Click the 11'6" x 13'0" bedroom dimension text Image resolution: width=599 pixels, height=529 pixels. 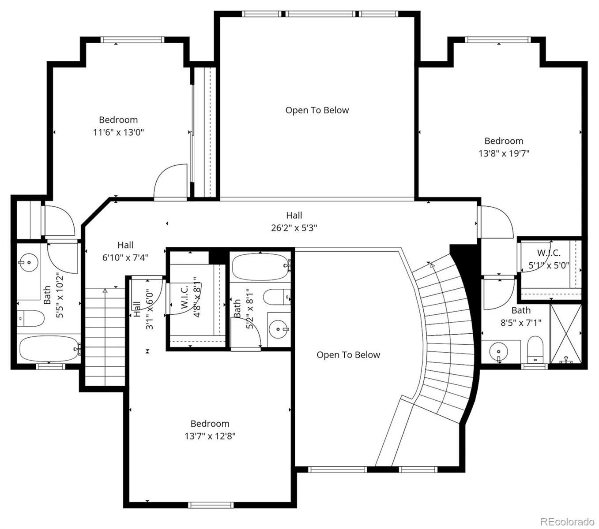pos(118,132)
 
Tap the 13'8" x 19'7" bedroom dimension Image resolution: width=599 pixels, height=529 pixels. pos(504,153)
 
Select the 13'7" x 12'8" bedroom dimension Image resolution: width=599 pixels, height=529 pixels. pos(210,436)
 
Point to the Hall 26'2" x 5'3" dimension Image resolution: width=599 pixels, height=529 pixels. pos(294,228)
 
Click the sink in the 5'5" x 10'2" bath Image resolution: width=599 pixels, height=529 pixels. pos(28,262)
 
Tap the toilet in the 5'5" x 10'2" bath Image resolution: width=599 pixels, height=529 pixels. pos(30,318)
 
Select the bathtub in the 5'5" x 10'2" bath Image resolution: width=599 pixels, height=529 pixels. pos(49,349)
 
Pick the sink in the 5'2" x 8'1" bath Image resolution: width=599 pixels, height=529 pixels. pos(278,329)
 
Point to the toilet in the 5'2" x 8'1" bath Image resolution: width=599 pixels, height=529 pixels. pos(277,297)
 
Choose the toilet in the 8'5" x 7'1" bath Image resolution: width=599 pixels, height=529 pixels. pos(535,350)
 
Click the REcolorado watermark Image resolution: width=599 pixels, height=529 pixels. pos(567,522)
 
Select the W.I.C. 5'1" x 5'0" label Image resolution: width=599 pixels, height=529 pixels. pos(549,259)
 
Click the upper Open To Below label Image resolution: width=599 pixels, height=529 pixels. pos(317,110)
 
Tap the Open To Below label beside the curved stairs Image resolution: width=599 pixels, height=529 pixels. pos(348,355)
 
